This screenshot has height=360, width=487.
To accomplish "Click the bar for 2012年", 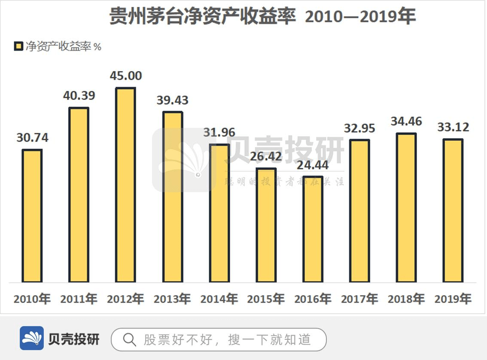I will [x=125, y=185].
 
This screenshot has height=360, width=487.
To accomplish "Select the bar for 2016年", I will [x=313, y=229].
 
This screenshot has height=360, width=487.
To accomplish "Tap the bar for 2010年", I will [x=32, y=216].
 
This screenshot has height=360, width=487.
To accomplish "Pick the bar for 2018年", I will [x=406, y=208].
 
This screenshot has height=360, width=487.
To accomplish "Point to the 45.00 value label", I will [x=125, y=76].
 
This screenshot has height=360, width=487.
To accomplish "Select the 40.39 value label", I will [x=79, y=95].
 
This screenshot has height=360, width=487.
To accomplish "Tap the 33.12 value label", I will [x=453, y=127].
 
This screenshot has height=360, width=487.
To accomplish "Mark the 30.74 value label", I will [x=32, y=138].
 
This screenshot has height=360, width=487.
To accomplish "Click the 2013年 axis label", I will [x=172, y=299].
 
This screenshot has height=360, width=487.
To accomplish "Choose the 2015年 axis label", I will [x=266, y=299].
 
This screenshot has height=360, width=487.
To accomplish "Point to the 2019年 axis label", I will [x=453, y=299].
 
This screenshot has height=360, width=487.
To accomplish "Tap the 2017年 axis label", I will [x=359, y=299].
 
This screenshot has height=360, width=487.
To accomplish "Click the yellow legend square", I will [x=18, y=46].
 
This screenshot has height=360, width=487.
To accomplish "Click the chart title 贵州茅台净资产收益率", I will [x=202, y=16].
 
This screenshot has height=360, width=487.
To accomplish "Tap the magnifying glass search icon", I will [x=129, y=340].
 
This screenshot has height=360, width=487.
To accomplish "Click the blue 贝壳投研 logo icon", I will [x=32, y=339].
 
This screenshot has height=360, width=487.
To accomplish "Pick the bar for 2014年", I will [x=219, y=213].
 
